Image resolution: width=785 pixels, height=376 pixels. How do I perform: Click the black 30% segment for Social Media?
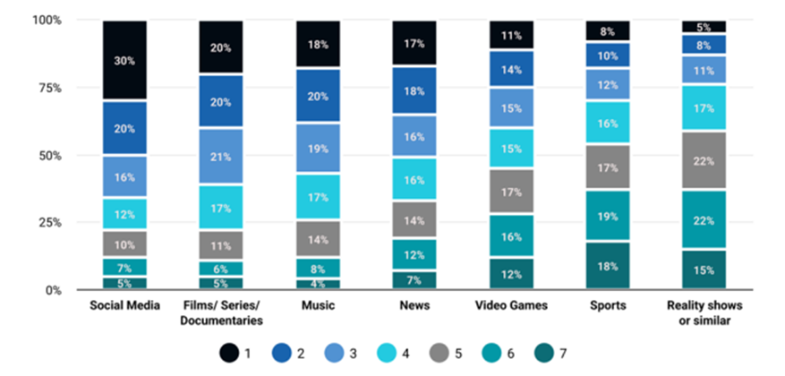click(x=124, y=60)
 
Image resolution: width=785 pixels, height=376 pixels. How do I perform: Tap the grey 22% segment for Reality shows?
click(x=704, y=160)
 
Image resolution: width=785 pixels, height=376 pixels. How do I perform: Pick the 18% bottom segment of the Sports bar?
click(x=608, y=267)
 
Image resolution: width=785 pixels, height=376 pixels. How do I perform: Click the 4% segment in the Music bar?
click(x=318, y=284)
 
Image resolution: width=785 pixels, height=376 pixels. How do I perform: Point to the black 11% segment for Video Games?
click(x=511, y=35)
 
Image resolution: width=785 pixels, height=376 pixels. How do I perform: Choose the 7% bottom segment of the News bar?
click(x=414, y=280)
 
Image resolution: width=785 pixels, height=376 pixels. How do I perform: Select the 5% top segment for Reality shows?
click(x=704, y=27)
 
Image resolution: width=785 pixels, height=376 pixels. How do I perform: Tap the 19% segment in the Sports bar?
click(x=608, y=216)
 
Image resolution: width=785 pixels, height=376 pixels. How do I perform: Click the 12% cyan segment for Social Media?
click(x=124, y=213)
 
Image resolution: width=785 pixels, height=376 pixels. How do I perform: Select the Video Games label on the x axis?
click(x=511, y=306)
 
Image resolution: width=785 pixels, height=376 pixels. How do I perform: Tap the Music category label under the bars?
click(x=318, y=306)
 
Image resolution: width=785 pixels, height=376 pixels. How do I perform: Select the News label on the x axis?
click(x=414, y=306)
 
